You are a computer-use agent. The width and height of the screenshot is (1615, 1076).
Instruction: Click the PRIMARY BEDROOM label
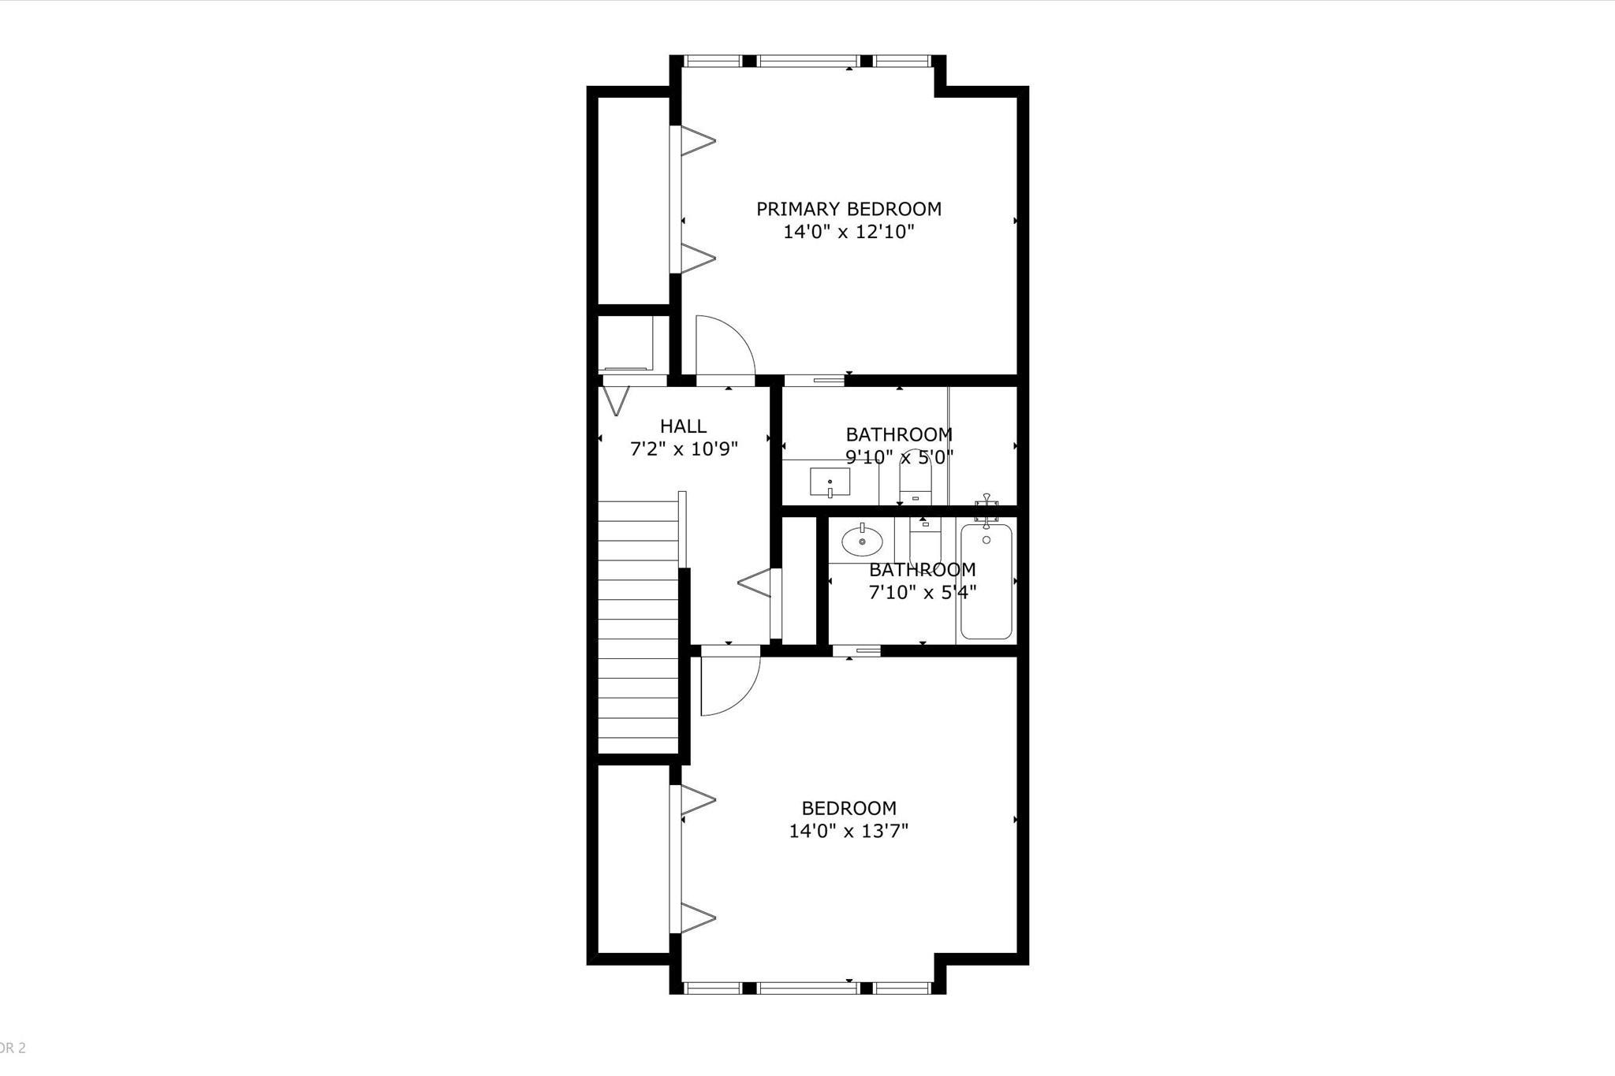849,209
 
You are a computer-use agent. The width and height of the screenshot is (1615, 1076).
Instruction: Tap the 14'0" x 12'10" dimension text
849,232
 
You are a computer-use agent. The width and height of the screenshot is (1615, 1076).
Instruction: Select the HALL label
683,426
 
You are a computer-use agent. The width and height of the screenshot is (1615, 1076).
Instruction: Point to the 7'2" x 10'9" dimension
684,449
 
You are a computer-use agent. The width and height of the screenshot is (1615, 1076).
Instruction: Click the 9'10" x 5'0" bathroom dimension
900,456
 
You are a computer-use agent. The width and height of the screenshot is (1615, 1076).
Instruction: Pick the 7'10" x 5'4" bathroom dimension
923,592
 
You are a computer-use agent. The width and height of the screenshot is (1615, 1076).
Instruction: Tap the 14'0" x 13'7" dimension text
849,831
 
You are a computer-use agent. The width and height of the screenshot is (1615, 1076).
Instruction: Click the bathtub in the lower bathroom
986,582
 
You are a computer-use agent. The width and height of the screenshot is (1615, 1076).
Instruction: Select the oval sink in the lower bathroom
862,541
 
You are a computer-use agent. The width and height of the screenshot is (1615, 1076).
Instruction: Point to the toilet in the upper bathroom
916,478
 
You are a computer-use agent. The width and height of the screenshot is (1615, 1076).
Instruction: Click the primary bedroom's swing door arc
741,335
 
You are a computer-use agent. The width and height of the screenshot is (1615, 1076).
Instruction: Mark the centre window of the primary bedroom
807,61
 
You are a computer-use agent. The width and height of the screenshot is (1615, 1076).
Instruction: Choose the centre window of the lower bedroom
807,988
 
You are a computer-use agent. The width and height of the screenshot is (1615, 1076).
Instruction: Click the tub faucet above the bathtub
986,509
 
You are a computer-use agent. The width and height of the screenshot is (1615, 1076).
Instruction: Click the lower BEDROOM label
849,808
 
